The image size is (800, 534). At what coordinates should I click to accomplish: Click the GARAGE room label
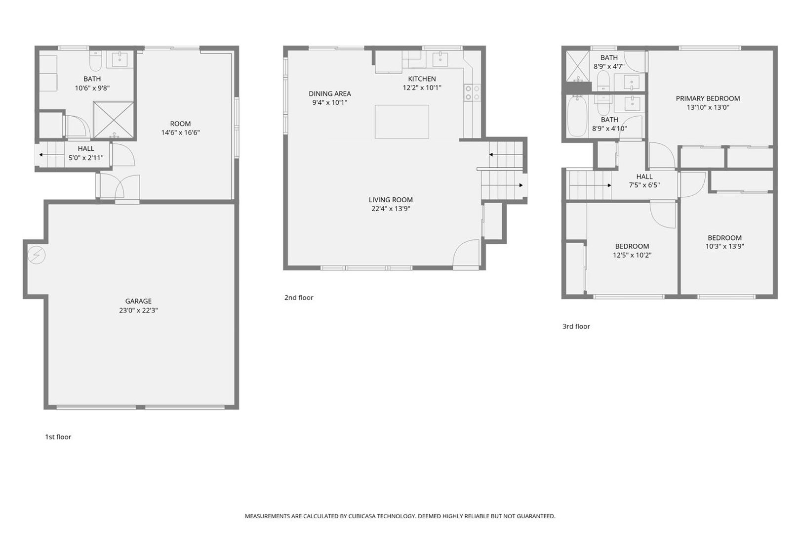pyautogui.click(x=138, y=301)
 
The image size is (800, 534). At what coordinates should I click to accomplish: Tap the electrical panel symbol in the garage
pyautogui.click(x=37, y=255)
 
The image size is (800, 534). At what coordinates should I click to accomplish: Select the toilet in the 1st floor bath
pyautogui.click(x=95, y=61)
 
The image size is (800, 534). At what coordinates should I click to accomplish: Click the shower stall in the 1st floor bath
pyautogui.click(x=114, y=120)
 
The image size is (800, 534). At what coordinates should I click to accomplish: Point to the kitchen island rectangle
pyautogui.click(x=402, y=122)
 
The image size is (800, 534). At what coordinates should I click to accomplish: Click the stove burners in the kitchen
pyautogui.click(x=473, y=92)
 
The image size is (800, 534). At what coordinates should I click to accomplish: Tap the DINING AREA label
pyautogui.click(x=330, y=94)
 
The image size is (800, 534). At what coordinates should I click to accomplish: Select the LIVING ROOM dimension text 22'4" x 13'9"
pyautogui.click(x=391, y=209)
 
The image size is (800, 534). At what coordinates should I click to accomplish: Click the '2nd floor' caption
pyautogui.click(x=299, y=297)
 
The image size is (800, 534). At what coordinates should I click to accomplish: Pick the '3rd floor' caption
pyautogui.click(x=576, y=326)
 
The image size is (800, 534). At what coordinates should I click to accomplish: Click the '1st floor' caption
pyautogui.click(x=58, y=437)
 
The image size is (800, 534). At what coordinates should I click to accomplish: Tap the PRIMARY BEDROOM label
pyautogui.click(x=708, y=98)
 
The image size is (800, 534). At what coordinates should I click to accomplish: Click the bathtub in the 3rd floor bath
pyautogui.click(x=577, y=116)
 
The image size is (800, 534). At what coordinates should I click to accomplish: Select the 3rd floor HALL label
pyautogui.click(x=644, y=177)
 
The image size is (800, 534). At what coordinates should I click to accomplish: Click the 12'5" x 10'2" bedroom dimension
pyautogui.click(x=632, y=255)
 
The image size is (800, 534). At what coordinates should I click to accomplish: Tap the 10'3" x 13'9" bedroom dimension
pyautogui.click(x=724, y=246)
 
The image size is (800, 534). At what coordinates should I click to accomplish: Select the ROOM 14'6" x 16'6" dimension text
pyautogui.click(x=180, y=133)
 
